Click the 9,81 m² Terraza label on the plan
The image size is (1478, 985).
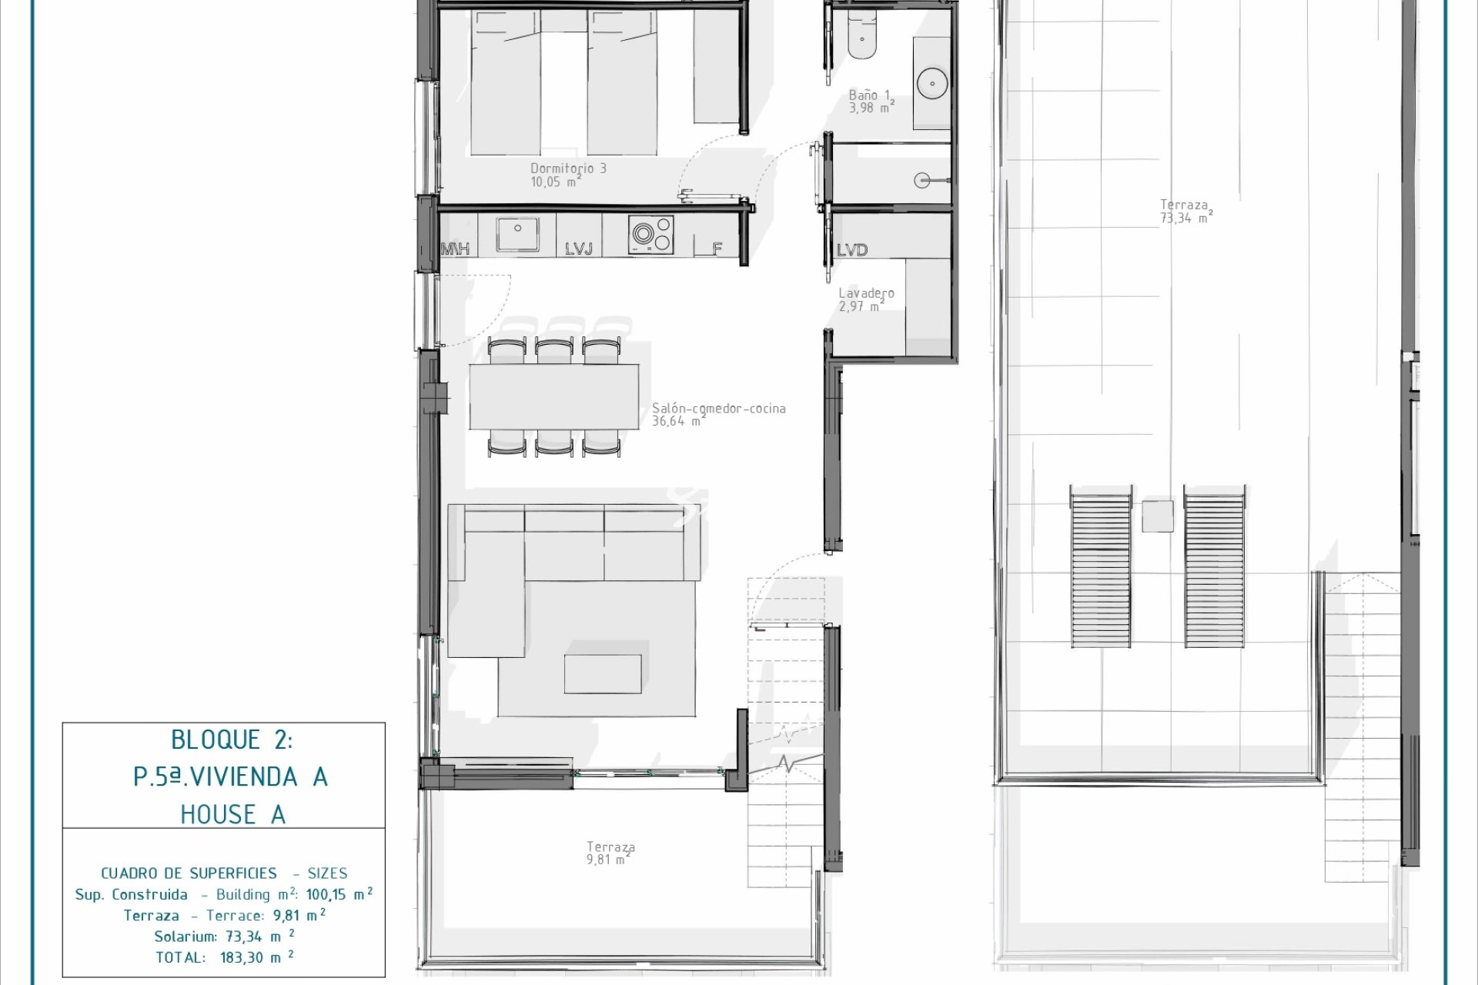610,853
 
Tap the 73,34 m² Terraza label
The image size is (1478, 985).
1185,212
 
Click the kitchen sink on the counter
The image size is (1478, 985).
517,234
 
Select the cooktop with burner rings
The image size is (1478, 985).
651,234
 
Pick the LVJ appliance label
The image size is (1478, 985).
579,249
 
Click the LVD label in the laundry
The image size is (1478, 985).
852,249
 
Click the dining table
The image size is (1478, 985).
554,396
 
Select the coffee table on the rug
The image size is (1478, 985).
603,674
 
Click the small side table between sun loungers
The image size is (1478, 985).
1158,516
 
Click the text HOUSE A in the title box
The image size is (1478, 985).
232,814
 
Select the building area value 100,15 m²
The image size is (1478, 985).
339,894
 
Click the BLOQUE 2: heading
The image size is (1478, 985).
232,740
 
